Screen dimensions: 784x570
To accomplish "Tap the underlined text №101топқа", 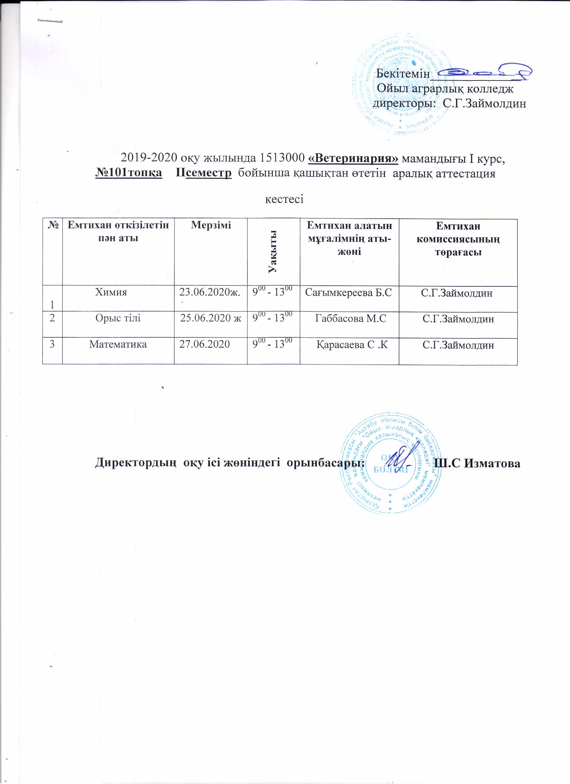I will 129,173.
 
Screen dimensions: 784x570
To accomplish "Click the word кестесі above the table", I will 284,200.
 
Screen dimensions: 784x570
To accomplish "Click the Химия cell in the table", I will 111,292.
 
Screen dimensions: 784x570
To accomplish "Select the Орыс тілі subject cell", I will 118,318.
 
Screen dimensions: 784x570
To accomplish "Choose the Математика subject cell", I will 118,344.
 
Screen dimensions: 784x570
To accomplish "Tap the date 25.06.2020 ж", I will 211,318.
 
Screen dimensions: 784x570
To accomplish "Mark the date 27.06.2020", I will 205,344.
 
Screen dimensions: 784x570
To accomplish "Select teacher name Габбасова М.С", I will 350,318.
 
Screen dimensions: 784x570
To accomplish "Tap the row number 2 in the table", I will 52,318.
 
